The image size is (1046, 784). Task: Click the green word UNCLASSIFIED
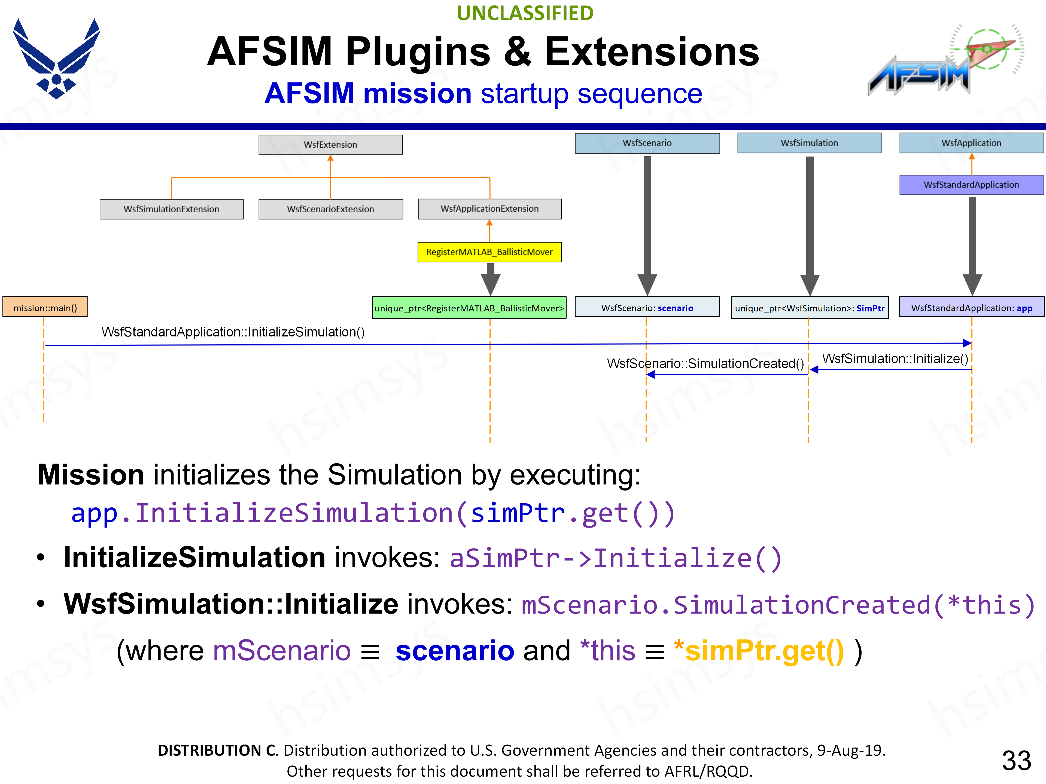coord(525,13)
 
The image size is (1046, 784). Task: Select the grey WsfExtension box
coord(330,145)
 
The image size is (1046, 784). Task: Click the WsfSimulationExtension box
coord(171,209)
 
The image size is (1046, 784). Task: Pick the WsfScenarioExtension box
coord(330,209)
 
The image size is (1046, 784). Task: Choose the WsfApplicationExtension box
coord(489,209)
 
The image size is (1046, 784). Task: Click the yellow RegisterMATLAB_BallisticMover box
coord(489,252)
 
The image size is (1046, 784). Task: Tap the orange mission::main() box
coord(45,308)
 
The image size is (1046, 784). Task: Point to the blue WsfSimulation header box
coord(809,143)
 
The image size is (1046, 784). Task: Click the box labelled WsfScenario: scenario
coord(647,308)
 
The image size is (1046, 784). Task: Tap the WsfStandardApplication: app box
coord(971,308)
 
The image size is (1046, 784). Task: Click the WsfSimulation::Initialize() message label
coord(895,359)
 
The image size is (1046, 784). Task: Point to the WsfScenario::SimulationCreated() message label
coord(705,363)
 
